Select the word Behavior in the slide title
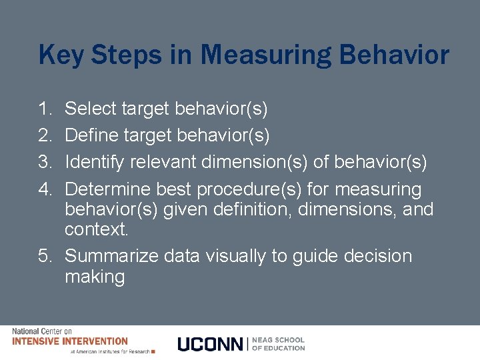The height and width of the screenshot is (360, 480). (394, 55)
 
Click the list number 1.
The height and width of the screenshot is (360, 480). (45, 108)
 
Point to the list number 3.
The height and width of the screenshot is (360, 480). (45, 162)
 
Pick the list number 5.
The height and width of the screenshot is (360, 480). (45, 256)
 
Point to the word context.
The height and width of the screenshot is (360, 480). (97, 230)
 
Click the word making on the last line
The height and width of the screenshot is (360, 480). (95, 277)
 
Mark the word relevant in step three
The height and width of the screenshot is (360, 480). (163, 162)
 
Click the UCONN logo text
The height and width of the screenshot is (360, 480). (211, 343)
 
